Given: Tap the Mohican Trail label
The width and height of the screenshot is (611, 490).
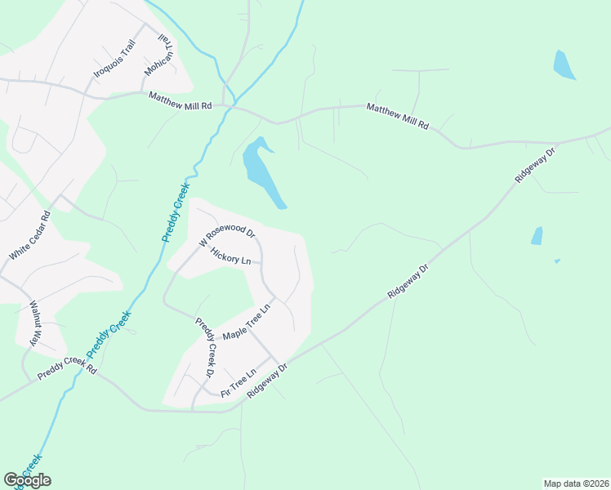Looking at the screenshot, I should (160, 56).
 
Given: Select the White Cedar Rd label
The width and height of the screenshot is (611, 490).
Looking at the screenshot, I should (29, 236).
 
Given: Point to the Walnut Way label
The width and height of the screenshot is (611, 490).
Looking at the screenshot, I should (36, 323).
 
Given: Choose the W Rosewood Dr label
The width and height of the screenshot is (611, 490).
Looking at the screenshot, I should (227, 232).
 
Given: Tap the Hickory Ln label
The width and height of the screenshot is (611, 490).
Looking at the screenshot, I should (230, 256).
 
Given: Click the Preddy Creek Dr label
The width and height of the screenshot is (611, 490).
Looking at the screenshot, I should (203, 346).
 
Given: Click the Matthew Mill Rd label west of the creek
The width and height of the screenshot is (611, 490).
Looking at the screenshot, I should (180, 100).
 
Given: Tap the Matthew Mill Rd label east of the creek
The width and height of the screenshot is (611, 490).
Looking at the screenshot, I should (398, 117).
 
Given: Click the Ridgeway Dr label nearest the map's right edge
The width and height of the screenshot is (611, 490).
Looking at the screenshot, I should (534, 166).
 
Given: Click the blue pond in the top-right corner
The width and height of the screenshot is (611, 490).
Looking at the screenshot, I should (564, 65).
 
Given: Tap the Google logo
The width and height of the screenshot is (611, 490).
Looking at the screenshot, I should (28, 480).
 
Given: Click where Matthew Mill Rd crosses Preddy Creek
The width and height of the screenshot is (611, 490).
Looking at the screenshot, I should (233, 104).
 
